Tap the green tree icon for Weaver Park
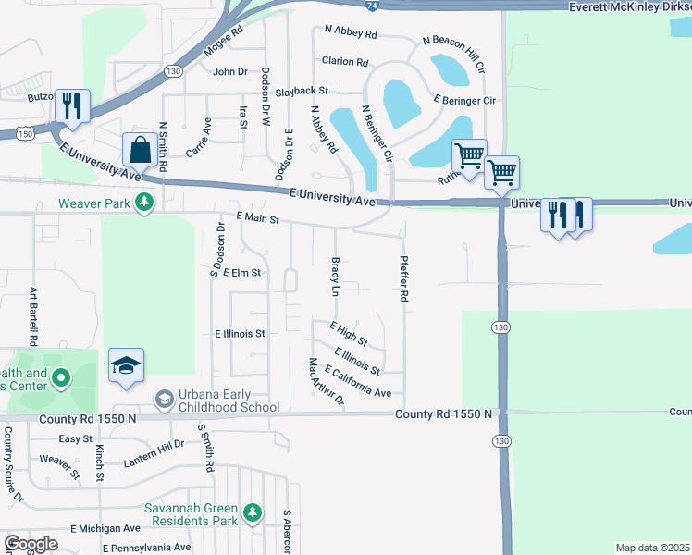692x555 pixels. click(143, 202)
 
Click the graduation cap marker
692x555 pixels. click(126, 365)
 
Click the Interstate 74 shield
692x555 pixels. click(370, 4)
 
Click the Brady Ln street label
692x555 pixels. click(336, 277)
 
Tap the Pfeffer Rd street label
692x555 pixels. click(404, 279)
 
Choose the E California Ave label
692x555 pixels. click(357, 382)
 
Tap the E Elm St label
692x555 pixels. click(242, 273)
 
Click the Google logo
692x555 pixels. click(31, 545)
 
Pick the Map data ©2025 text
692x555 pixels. click(651, 548)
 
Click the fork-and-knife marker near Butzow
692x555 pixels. click(71, 105)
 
